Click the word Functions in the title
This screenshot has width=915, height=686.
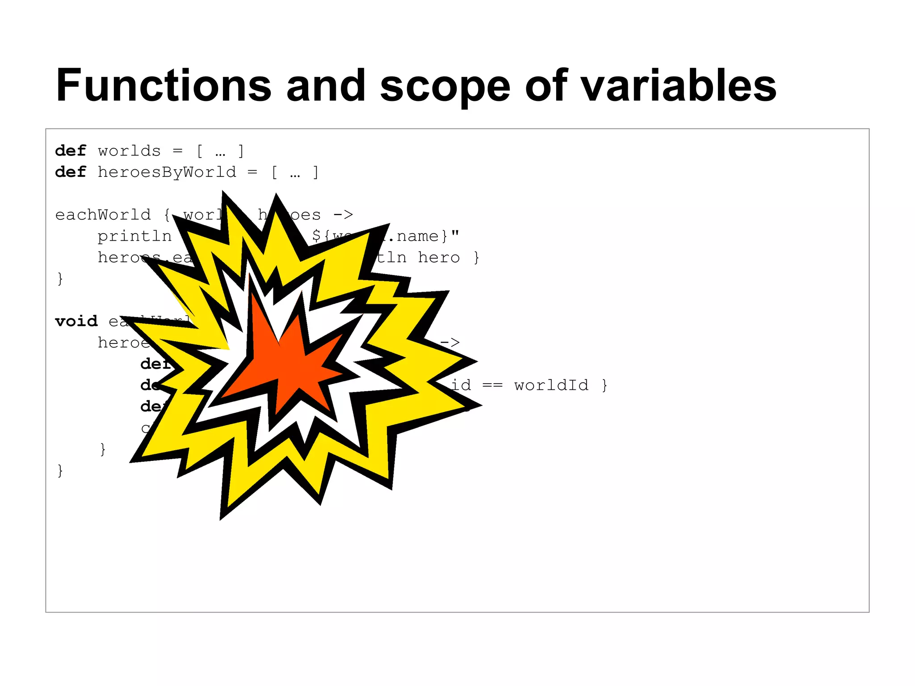click(x=164, y=86)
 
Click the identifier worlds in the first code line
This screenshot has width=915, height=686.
click(x=129, y=151)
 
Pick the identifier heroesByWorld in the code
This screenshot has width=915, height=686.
click(x=167, y=172)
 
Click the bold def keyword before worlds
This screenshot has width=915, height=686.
click(x=70, y=151)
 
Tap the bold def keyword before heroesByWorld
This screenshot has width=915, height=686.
click(x=70, y=172)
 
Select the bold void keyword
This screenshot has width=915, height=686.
click(x=76, y=322)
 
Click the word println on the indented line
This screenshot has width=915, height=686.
click(x=134, y=236)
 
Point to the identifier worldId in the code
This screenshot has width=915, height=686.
click(x=551, y=385)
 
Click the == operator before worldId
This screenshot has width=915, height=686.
click(x=492, y=385)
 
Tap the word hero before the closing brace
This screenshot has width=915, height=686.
click(x=438, y=258)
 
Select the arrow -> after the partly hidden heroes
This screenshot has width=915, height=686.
click(x=343, y=215)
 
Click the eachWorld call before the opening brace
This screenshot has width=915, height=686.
click(x=103, y=215)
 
